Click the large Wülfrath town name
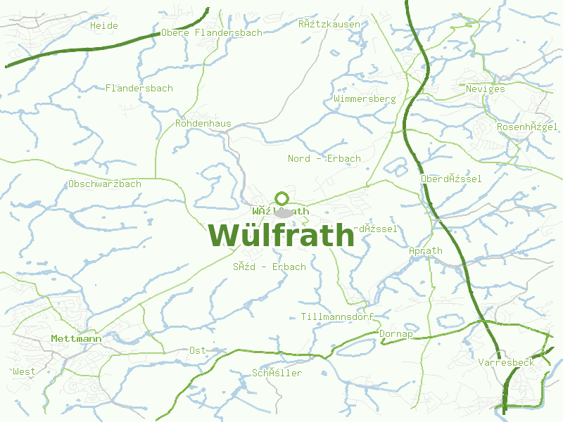(x=281, y=235)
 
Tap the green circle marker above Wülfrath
(x=282, y=198)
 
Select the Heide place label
(x=104, y=25)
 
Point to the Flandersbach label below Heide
(x=139, y=88)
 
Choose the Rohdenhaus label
(x=203, y=124)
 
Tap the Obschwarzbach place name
(x=105, y=184)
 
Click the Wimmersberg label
(x=365, y=99)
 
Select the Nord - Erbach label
(x=324, y=158)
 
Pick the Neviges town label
(x=485, y=89)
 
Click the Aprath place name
(x=425, y=250)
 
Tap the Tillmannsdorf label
(x=336, y=316)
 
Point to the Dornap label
(x=396, y=334)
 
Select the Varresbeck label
(x=505, y=362)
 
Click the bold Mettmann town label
(x=76, y=339)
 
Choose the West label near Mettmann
(x=24, y=371)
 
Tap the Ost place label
(x=197, y=350)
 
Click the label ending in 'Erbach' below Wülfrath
(x=270, y=267)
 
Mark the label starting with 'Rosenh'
(x=527, y=127)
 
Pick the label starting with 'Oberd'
(x=450, y=179)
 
